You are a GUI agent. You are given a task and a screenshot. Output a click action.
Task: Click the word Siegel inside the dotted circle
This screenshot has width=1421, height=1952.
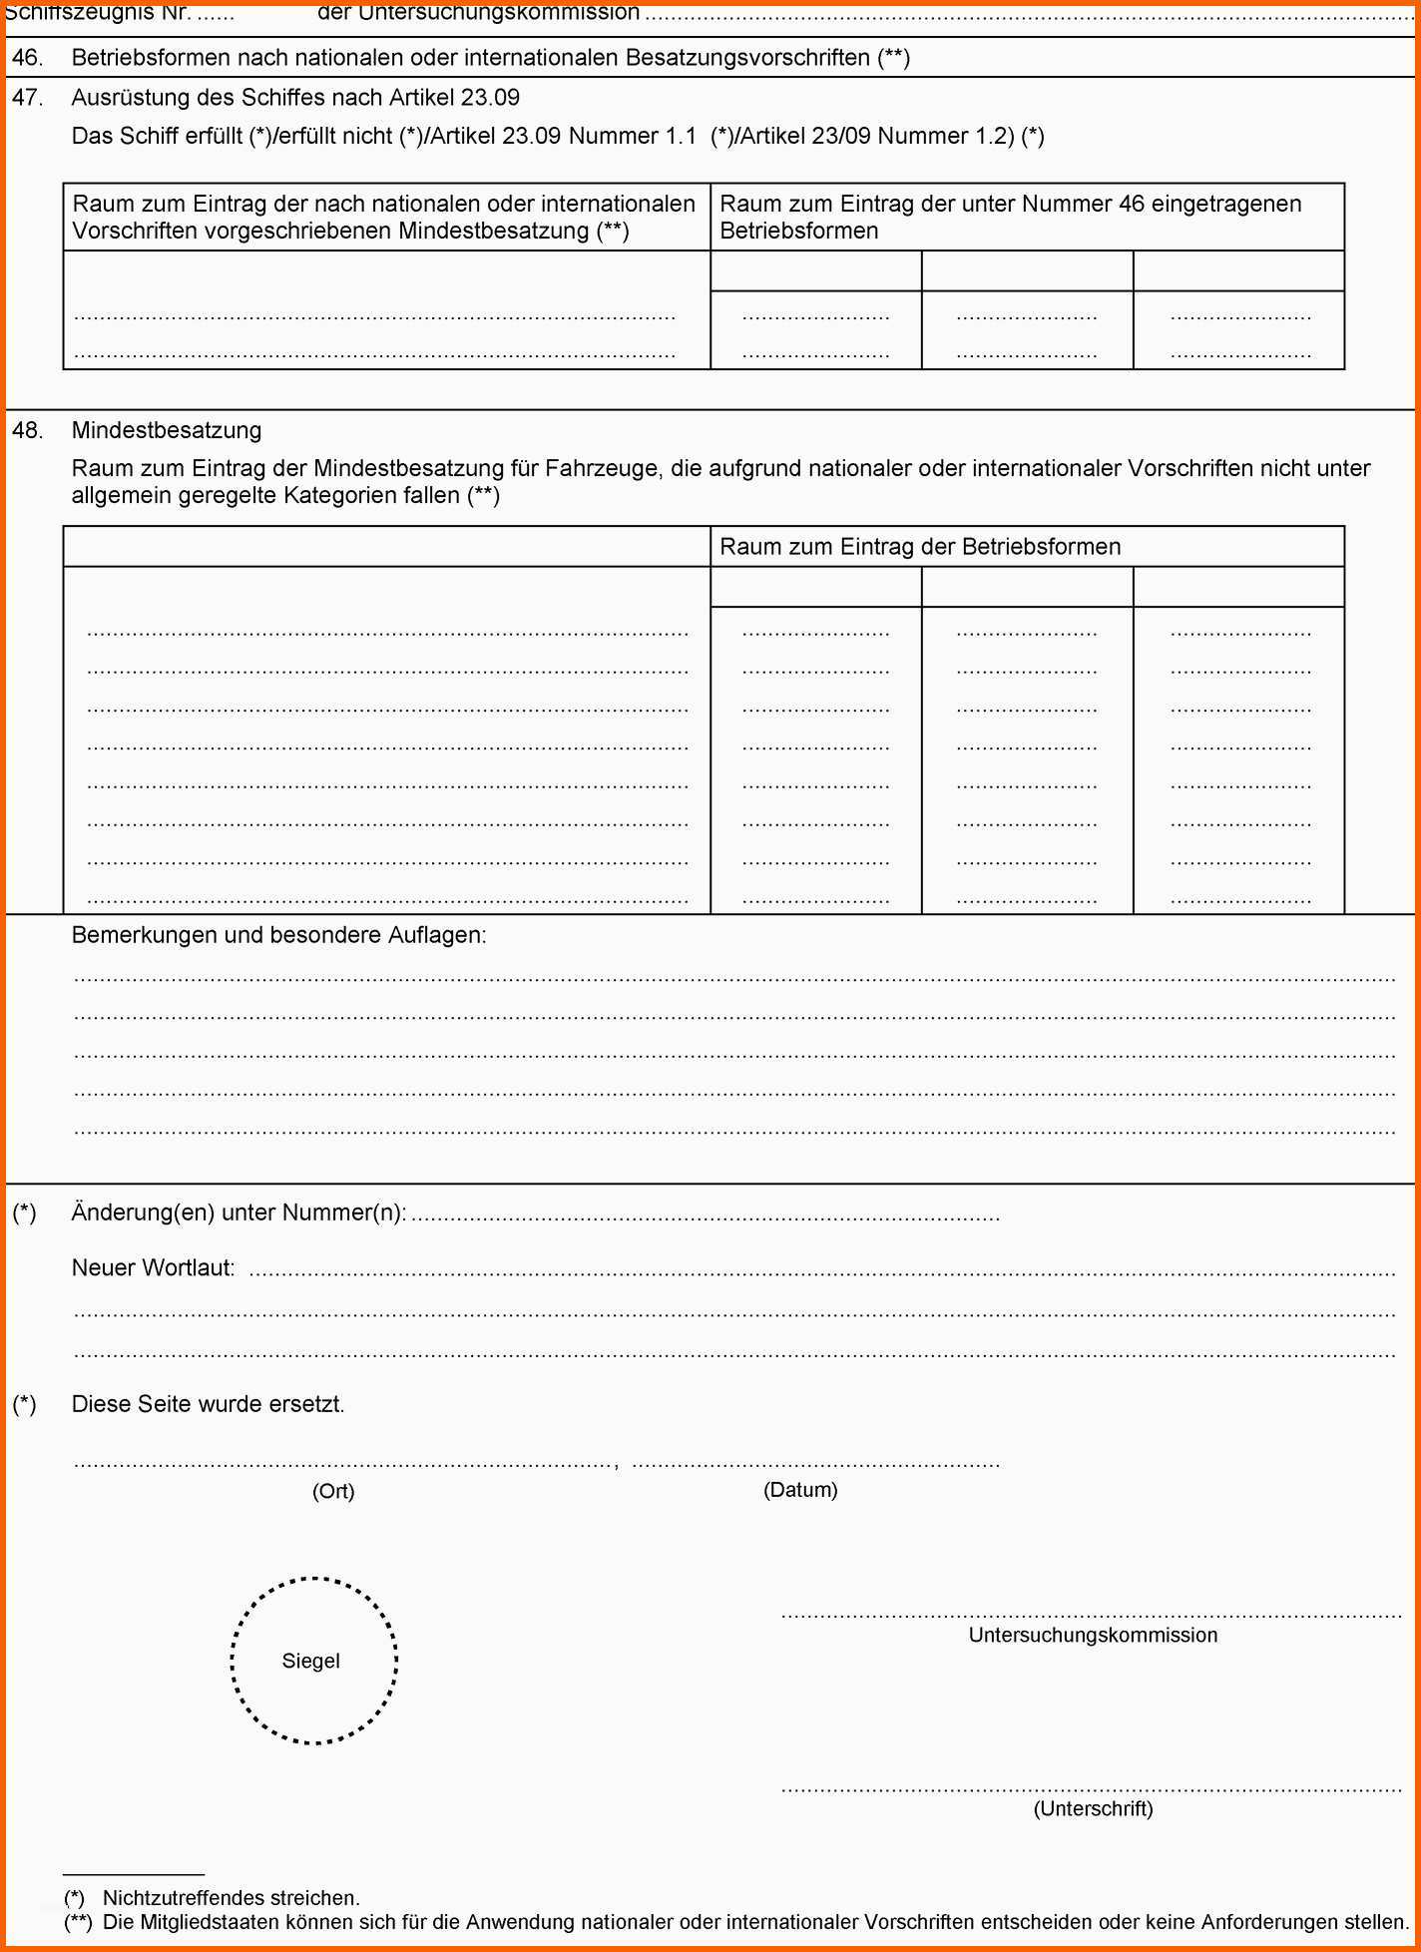click(x=310, y=1661)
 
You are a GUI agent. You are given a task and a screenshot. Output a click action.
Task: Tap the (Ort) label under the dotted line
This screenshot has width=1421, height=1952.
click(x=333, y=1491)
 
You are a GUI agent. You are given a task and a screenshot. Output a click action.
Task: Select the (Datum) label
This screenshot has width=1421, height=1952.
click(x=800, y=1490)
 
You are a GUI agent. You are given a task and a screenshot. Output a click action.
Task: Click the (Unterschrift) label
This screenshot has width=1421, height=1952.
click(x=1093, y=1808)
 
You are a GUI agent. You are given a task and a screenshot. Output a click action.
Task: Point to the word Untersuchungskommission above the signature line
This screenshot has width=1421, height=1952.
click(x=1093, y=1635)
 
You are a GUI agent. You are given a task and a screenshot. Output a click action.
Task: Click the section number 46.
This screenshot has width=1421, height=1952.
click(x=27, y=58)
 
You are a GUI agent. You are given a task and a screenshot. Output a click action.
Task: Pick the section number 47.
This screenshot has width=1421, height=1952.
click(x=27, y=98)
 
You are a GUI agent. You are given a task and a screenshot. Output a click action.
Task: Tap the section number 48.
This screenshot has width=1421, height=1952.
click(x=27, y=430)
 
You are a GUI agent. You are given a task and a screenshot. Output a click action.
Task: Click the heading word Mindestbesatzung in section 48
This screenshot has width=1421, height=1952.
click(x=167, y=430)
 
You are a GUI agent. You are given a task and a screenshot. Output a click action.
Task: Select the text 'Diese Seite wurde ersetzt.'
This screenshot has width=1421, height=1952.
click(x=208, y=1404)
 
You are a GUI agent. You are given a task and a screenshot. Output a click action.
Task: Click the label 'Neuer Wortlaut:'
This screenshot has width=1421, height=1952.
click(x=153, y=1268)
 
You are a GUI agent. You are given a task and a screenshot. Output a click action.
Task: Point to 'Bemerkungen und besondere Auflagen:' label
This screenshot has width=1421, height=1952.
click(x=279, y=935)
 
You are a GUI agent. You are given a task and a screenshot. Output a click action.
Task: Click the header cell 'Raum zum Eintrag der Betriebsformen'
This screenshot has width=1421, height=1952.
click(x=920, y=547)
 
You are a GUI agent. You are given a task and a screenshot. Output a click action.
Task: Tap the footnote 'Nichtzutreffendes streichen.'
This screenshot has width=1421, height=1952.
click(x=232, y=1898)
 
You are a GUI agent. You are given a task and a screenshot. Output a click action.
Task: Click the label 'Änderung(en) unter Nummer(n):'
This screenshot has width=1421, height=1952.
click(x=238, y=1213)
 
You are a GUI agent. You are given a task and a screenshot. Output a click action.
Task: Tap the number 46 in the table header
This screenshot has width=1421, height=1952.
click(x=1131, y=204)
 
